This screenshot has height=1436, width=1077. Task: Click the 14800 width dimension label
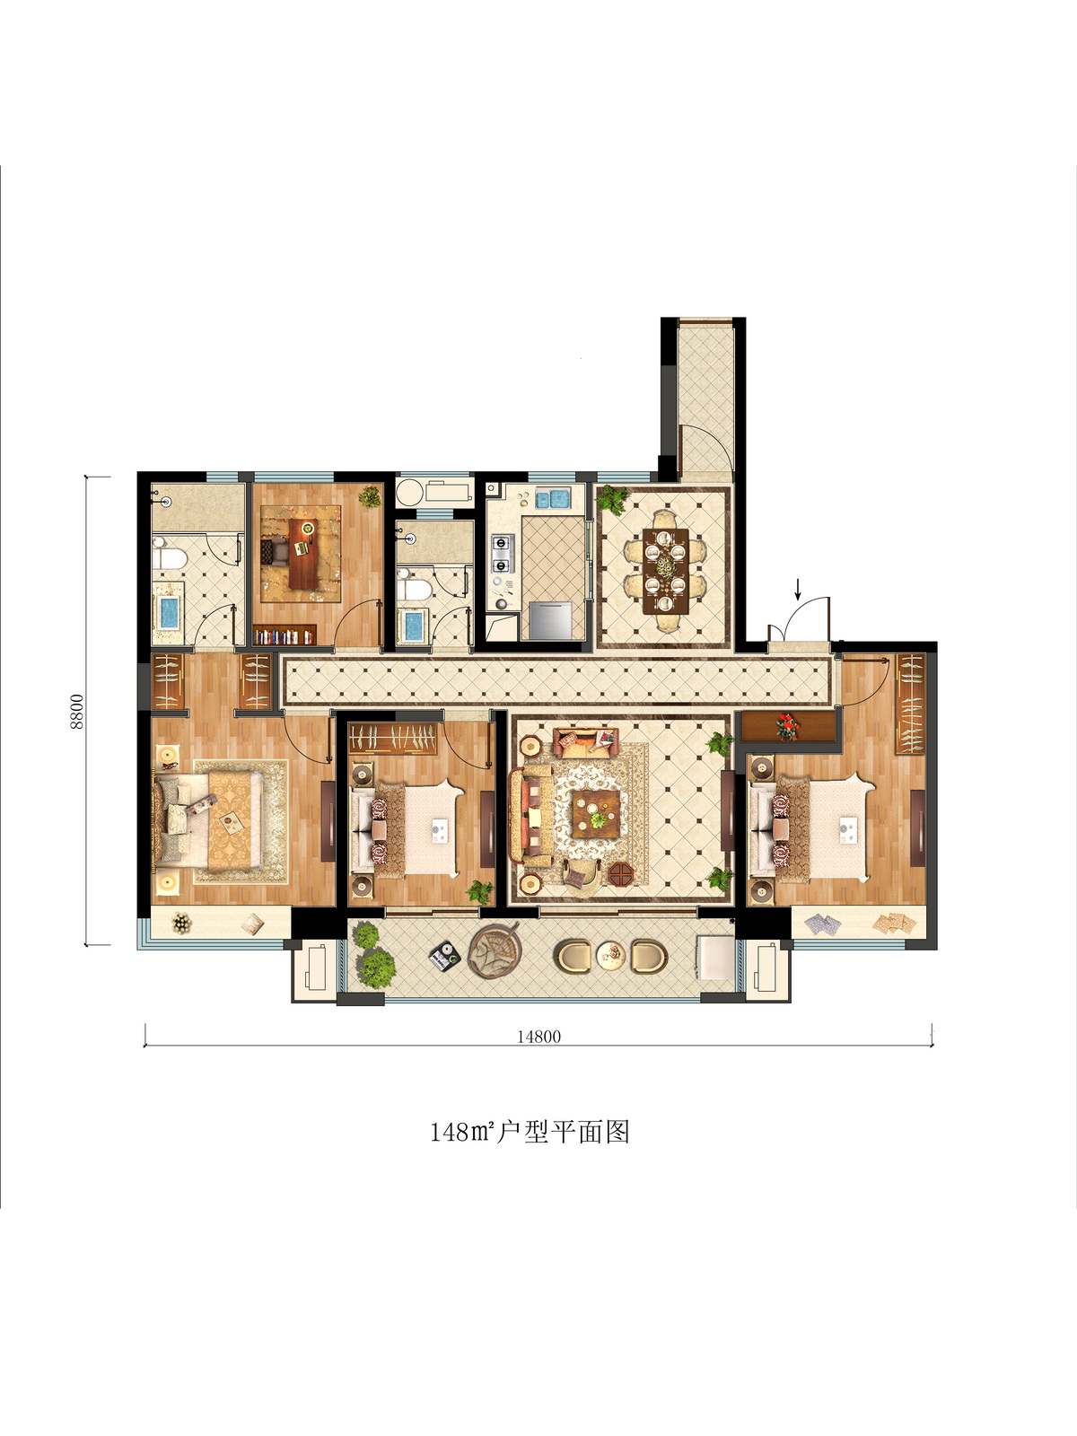538,1037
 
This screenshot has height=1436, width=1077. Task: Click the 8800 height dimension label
77,711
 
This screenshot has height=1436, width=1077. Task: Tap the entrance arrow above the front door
797,590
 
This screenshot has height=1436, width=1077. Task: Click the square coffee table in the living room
596,813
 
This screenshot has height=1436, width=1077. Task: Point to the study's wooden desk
302,554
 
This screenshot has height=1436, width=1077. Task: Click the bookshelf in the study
285,635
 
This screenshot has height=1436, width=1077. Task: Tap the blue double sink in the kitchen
551,499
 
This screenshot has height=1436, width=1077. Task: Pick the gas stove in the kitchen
503,554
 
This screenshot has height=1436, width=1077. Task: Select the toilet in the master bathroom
170,558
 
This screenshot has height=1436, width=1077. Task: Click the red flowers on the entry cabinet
788,727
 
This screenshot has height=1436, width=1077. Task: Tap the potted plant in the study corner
370,496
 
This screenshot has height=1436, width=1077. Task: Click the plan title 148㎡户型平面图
530,1132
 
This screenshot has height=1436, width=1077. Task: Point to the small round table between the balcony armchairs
611,955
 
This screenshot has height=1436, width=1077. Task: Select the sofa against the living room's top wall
585,742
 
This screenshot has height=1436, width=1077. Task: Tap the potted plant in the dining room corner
613,498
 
